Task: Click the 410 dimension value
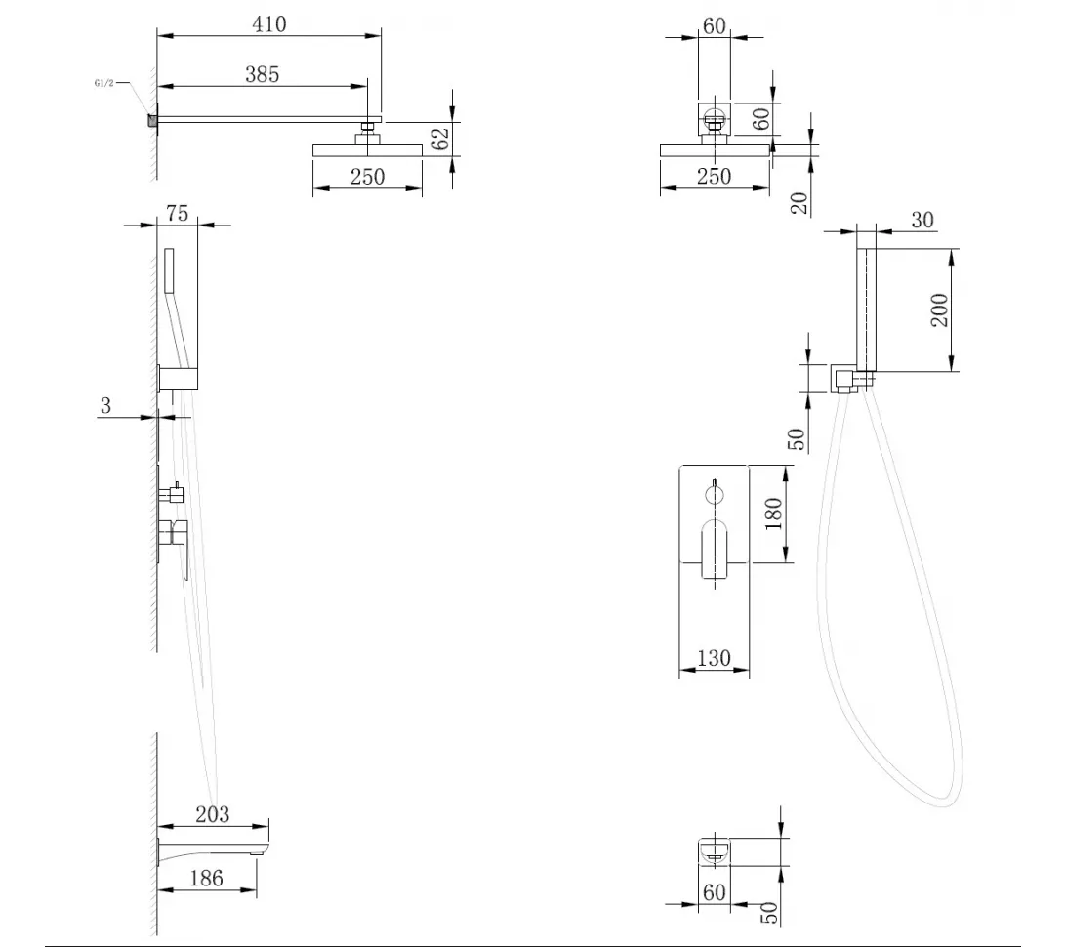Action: click(x=269, y=24)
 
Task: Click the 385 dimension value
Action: click(x=263, y=74)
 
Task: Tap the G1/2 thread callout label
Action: click(x=104, y=84)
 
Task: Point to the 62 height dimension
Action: click(x=440, y=139)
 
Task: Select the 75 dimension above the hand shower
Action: click(x=177, y=214)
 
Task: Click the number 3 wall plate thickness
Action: click(x=105, y=406)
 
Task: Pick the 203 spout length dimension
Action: click(x=213, y=814)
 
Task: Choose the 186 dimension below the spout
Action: click(x=206, y=878)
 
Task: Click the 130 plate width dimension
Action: click(x=714, y=658)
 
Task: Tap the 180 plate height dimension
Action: click(x=774, y=514)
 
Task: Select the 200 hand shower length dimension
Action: click(x=939, y=310)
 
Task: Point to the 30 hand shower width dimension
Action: click(x=922, y=220)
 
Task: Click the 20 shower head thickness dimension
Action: click(x=800, y=203)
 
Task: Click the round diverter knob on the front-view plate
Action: click(x=715, y=494)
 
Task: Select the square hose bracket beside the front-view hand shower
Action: click(x=842, y=379)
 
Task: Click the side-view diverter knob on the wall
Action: click(x=172, y=494)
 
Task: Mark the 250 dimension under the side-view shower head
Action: click(x=367, y=177)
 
